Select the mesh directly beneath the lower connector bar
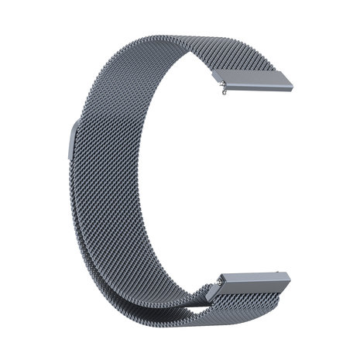[x=232, y=306]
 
